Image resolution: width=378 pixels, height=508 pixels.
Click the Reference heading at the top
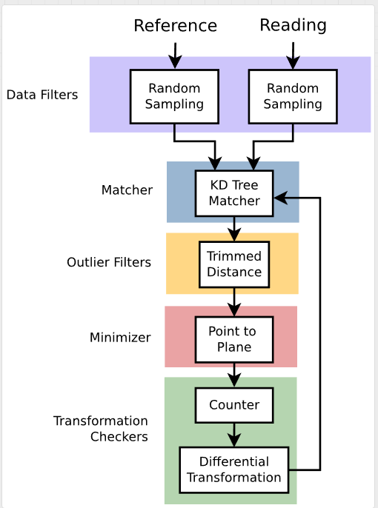pos(175,26)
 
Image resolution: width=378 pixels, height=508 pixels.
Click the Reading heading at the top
pos(293,25)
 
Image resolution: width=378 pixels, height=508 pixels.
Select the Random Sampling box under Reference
pos(174,96)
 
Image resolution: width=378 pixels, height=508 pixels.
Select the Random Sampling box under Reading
pos(293,96)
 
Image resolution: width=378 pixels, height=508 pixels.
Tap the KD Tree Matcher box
pos(234,193)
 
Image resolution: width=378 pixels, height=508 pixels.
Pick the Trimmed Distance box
pos(234,264)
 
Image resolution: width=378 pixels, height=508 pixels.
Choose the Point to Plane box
pos(234,339)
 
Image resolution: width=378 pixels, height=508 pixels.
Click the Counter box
pos(234,405)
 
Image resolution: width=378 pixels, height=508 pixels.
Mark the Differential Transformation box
pos(234,469)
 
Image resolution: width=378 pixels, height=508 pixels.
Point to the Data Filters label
pos(42,95)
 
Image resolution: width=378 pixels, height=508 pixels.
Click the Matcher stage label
pos(127,190)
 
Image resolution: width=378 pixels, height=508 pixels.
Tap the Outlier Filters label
pos(109,262)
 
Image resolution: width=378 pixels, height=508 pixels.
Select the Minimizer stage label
pos(120,338)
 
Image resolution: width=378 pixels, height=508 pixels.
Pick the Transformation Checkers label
pos(101,429)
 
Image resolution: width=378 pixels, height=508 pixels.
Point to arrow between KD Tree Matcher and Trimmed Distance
pos(234,229)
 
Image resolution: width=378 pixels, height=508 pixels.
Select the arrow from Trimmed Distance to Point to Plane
pos(234,302)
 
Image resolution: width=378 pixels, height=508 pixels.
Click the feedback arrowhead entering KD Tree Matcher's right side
pos(279,198)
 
